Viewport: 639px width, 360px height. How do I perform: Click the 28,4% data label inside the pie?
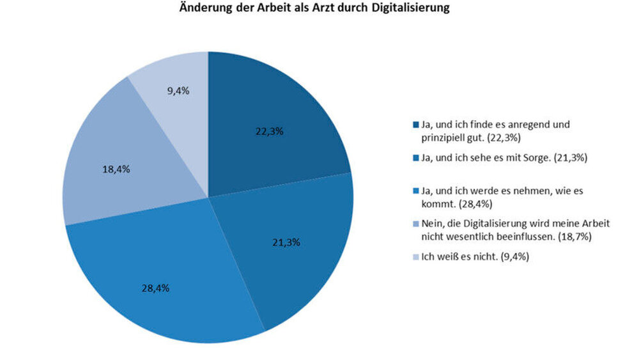[x=155, y=288]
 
